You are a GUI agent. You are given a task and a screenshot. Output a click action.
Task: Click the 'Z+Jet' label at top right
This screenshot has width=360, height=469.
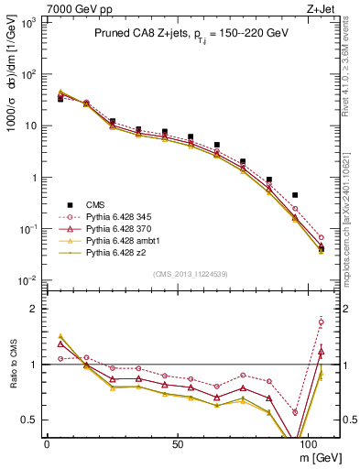point(322,8)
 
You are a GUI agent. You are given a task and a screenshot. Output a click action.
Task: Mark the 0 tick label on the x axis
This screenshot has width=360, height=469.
point(47,443)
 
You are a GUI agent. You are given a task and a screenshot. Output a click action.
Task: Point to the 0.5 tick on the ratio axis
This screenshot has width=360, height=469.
point(32,420)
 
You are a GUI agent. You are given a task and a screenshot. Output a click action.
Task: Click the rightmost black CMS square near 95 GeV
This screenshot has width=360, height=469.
point(294,195)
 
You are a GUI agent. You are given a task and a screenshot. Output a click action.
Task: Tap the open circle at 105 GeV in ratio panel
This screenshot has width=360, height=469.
point(321,322)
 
